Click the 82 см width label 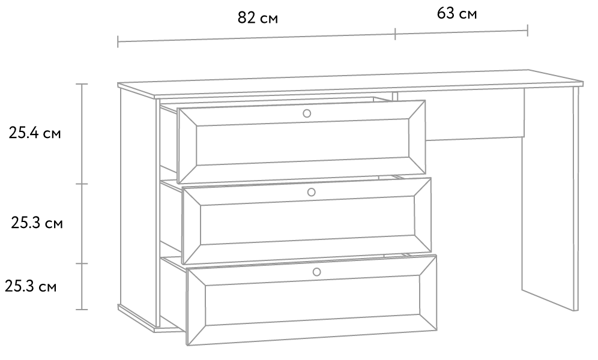coord(258,18)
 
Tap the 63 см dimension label coord(457,14)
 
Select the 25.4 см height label coord(35,133)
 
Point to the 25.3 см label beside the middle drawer coord(37,223)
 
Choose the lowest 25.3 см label coord(31,286)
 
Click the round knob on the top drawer coord(307,113)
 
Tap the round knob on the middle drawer coord(311,193)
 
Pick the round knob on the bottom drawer coord(316,272)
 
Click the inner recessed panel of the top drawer coord(303,144)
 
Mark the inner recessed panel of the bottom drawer coord(313,301)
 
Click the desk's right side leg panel coord(550,198)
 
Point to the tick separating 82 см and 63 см coord(395,34)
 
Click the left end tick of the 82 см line coord(118,41)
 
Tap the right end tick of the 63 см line coord(527,31)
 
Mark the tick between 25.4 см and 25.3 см coord(82,184)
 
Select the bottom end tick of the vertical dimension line coord(82,310)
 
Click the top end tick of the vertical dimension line coord(82,84)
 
